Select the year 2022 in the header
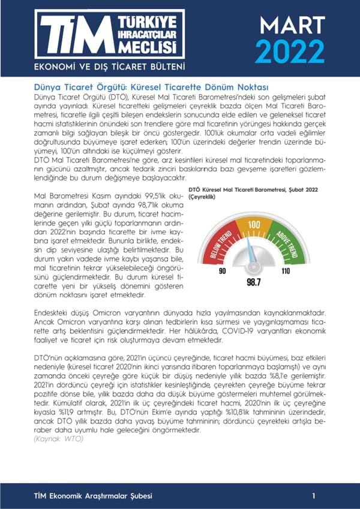coord(290,52)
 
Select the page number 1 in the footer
coord(314,496)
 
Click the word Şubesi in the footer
coord(138,496)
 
